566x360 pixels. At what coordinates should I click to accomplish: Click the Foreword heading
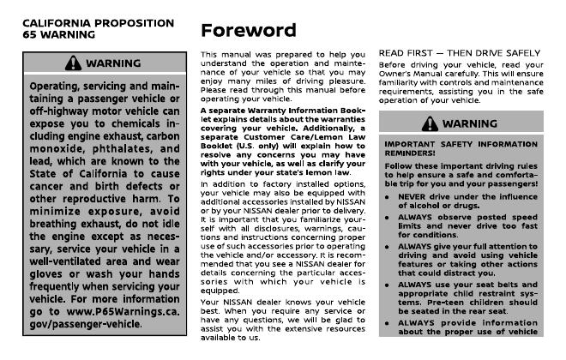249,30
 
